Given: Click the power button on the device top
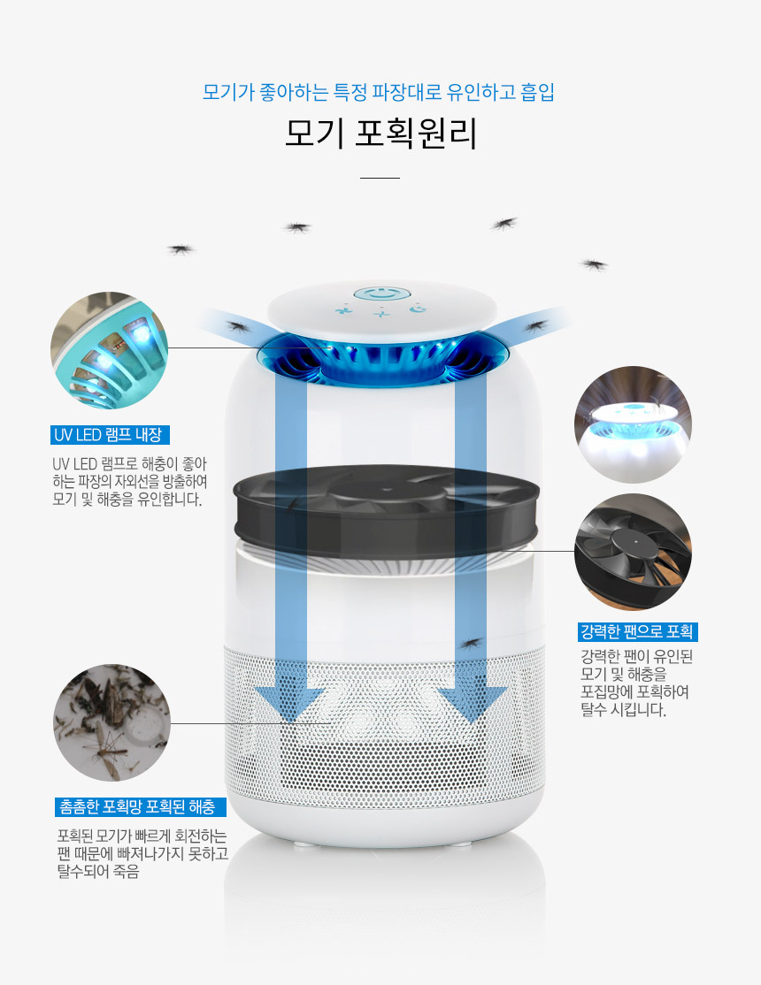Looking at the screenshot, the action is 382,294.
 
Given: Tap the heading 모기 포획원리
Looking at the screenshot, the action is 380,134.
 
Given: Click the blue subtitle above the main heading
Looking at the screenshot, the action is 379,92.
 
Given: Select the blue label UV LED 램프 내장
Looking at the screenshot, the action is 110,435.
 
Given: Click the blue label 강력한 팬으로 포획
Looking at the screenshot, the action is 637,632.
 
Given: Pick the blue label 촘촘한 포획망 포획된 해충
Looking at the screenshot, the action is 140,806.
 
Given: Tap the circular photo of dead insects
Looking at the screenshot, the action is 112,723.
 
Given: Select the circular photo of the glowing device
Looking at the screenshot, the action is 633,424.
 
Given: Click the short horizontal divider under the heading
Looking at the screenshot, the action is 380,178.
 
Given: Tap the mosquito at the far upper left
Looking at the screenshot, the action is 181,249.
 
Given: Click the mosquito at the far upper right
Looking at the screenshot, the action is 594,264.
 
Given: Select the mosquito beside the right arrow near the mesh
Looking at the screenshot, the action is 471,644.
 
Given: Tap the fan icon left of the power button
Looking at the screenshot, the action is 343,309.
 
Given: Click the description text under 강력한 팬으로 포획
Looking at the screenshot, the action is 636,683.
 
